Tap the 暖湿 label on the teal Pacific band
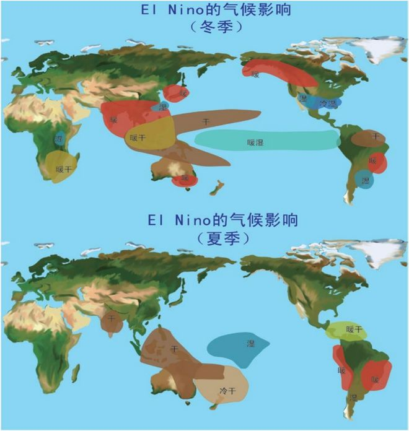tap(255, 142)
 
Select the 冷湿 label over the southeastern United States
tap(327, 104)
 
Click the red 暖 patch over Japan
tap(182, 94)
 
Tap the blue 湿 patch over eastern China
tap(163, 107)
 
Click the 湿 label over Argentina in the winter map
tap(366, 181)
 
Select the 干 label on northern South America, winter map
tap(375, 136)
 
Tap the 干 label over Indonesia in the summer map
tap(174, 349)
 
